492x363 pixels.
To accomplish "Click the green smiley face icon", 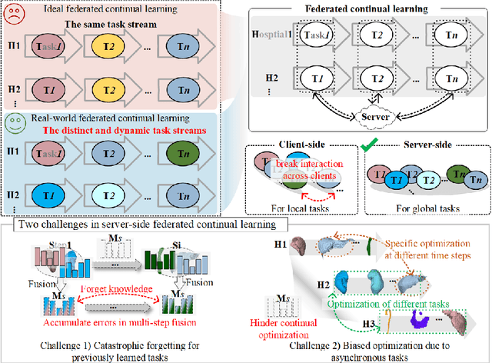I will pyautogui.click(x=14, y=121).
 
